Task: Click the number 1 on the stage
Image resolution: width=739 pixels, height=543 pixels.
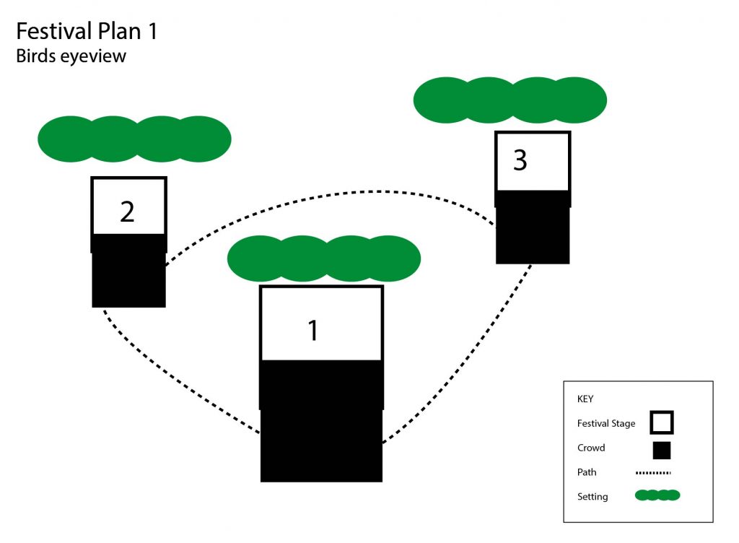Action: pyautogui.click(x=312, y=330)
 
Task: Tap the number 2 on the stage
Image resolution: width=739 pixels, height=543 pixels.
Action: pyautogui.click(x=127, y=212)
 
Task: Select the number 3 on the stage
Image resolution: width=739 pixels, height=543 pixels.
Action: pyautogui.click(x=520, y=160)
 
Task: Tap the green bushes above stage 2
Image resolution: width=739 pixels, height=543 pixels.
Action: pyautogui.click(x=134, y=139)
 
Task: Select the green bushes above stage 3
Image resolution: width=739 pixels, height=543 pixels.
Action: pyautogui.click(x=510, y=100)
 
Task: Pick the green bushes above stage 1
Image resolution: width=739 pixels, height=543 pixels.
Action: pyautogui.click(x=324, y=259)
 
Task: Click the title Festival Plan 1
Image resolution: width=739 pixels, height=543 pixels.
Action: pyautogui.click(x=86, y=31)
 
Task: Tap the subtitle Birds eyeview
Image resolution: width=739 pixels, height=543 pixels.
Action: pyautogui.click(x=71, y=56)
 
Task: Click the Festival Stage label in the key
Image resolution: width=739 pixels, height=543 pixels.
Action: pyautogui.click(x=606, y=423)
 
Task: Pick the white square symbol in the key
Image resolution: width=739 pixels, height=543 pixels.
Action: pyautogui.click(x=661, y=422)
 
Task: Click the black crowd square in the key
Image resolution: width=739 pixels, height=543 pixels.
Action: pyautogui.click(x=661, y=450)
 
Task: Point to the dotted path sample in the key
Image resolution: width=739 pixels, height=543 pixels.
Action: pyautogui.click(x=653, y=474)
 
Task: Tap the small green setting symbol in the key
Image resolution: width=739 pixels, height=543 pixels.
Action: pyautogui.click(x=657, y=495)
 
